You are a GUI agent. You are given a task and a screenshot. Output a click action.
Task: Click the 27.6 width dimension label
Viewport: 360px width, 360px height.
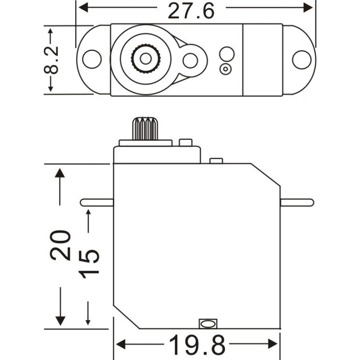click(191, 11)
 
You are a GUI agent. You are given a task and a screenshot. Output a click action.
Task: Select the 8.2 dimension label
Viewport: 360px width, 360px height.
click(51, 60)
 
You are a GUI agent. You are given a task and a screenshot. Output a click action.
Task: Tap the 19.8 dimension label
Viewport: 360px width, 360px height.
click(197, 344)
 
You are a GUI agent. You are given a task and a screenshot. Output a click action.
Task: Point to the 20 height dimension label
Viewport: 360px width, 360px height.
click(60, 245)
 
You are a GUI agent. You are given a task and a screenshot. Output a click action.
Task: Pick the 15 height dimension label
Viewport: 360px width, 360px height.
click(89, 264)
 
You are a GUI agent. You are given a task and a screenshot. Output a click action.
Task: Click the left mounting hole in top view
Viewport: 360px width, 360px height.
click(92, 59)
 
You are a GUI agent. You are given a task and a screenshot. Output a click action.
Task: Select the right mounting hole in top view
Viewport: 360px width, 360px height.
click(301, 60)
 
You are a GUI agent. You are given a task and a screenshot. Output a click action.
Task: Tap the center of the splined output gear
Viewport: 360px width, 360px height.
click(145, 58)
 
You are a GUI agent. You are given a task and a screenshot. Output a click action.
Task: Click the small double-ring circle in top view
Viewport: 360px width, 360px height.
click(225, 69)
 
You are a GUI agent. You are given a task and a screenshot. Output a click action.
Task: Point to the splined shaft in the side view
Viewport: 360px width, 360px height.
click(145, 129)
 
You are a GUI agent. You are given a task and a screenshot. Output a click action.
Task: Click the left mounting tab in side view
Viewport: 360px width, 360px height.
click(97, 202)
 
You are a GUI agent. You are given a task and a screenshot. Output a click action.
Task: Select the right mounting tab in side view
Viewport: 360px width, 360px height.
click(297, 202)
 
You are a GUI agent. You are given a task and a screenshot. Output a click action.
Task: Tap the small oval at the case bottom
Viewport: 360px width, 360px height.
click(208, 324)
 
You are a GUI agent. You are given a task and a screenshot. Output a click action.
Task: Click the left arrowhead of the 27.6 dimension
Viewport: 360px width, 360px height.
click(83, 8)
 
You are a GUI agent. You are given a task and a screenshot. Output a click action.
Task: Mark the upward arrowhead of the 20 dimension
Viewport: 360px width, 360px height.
click(60, 173)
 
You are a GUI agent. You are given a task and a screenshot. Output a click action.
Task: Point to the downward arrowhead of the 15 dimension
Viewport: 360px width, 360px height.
click(88, 322)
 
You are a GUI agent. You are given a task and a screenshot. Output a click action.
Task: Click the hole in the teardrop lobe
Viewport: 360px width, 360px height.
click(190, 61)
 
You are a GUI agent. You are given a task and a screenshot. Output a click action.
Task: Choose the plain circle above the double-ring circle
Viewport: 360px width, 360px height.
click(227, 54)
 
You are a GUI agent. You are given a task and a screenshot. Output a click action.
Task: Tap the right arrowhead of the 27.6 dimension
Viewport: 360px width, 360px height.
click(308, 8)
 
